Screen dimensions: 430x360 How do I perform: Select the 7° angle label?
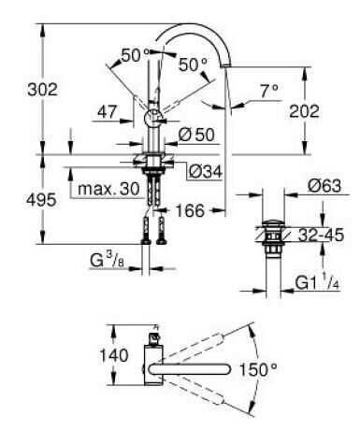pos(269,91)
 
